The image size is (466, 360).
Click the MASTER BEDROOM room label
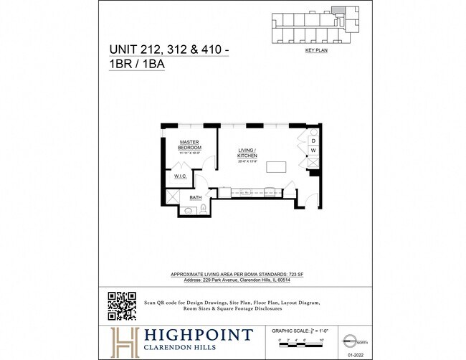pyautogui.click(x=189, y=145)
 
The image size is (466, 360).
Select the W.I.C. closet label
pyautogui.click(x=180, y=176)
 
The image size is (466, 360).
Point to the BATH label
pyautogui.click(x=195, y=197)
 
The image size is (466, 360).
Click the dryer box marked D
pyautogui.click(x=313, y=141)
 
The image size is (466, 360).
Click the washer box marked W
pyautogui.click(x=313, y=151)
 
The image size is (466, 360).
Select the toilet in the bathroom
pyautogui.click(x=203, y=209)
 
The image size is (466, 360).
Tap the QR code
pyautogui.click(x=122, y=306)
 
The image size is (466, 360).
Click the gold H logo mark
pyautogui.click(x=123, y=340)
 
